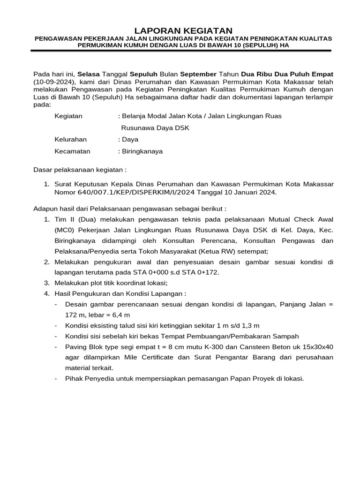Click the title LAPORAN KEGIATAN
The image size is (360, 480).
(180, 30)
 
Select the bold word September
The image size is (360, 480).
(198, 74)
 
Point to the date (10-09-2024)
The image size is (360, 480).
(52, 82)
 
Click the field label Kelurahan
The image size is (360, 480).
(71, 139)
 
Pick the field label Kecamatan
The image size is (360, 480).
(72, 151)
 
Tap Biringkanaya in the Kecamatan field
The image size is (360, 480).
(142, 151)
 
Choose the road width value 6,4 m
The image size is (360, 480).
(120, 315)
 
